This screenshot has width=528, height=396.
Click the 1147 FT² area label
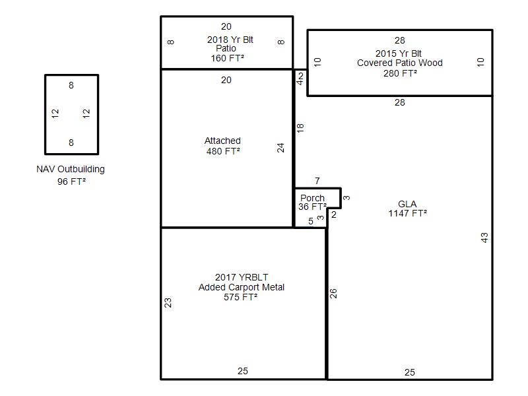click(x=407, y=213)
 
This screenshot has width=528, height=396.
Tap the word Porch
click(x=312, y=198)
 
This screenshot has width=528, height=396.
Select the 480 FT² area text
click(x=223, y=151)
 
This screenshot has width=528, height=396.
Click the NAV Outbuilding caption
click(x=71, y=169)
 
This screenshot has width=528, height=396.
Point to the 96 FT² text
click(x=71, y=181)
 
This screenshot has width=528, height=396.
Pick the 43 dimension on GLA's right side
click(x=484, y=238)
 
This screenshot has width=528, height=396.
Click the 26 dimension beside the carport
click(x=333, y=293)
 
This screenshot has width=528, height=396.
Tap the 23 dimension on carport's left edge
click(x=168, y=302)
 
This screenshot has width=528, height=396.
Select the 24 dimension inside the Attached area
click(x=280, y=148)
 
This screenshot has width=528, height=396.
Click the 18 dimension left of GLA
click(x=300, y=127)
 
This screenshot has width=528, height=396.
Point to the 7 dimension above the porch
click(x=317, y=181)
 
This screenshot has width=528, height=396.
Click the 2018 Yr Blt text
click(x=230, y=40)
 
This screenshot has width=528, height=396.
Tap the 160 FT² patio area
click(x=227, y=58)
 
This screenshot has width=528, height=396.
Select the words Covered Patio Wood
click(x=400, y=63)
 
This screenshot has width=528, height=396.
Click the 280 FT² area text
click(x=400, y=73)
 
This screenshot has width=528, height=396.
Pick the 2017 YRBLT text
click(x=242, y=277)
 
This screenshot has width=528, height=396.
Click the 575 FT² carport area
click(x=240, y=297)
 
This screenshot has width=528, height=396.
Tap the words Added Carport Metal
click(x=242, y=287)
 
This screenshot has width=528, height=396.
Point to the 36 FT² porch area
click(x=312, y=207)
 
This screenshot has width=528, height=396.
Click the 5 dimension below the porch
click(x=311, y=221)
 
